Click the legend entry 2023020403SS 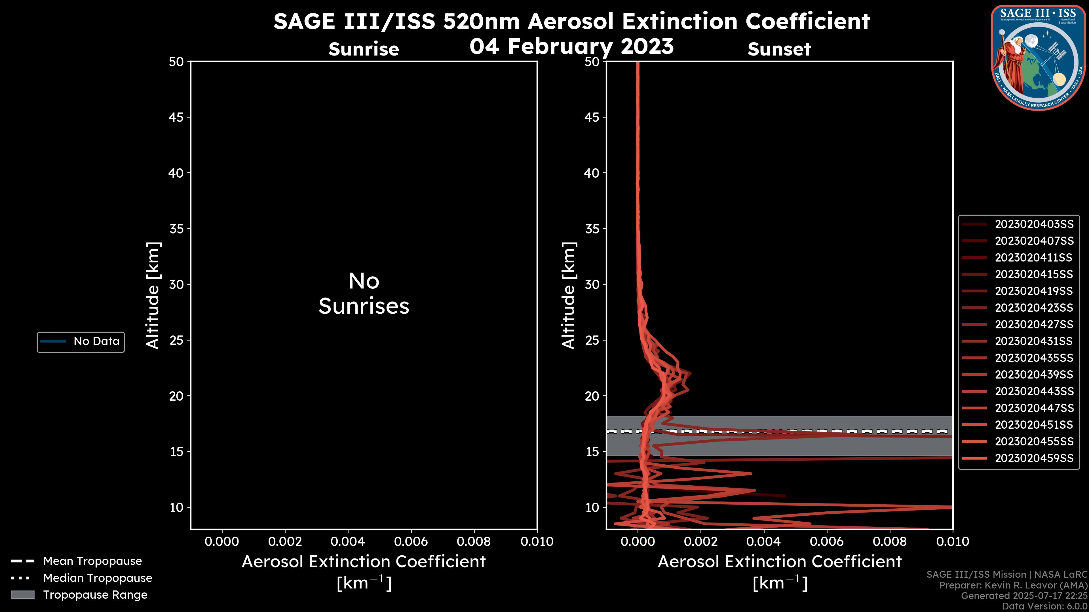1034,224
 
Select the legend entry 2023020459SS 1034,458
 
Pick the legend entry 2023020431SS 1034,341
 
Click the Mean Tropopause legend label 92,561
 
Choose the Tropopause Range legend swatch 22,595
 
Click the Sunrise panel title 364,49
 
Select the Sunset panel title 779,49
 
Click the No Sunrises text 364,294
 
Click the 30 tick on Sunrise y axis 176,284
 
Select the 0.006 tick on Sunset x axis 827,541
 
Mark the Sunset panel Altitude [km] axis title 569,295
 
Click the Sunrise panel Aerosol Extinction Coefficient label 364,562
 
